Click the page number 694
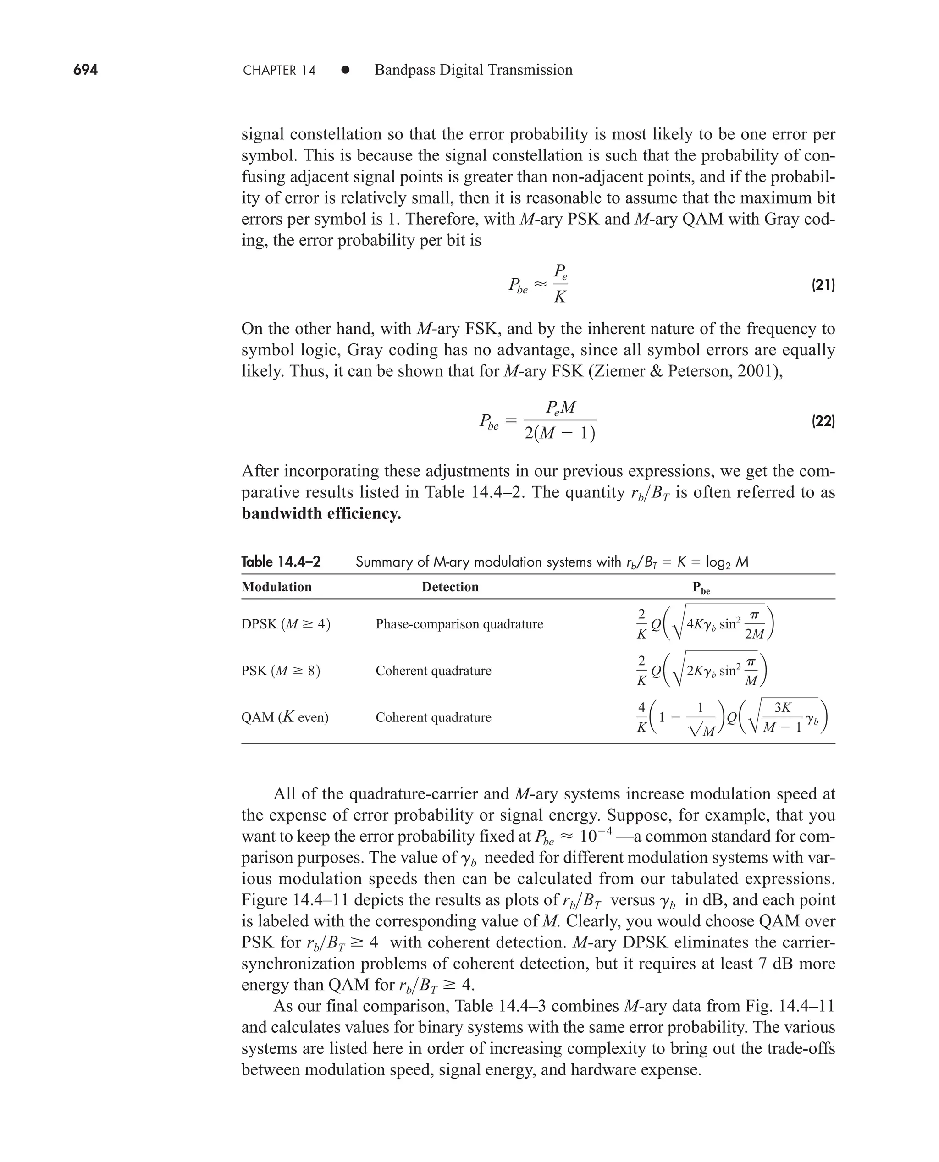tap(85, 70)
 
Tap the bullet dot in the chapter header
tap(345, 70)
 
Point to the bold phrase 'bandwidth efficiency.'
tap(321, 513)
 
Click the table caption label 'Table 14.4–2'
tap(281, 562)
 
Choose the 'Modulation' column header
tap(276, 587)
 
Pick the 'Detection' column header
tap(450, 587)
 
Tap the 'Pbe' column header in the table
tap(701, 588)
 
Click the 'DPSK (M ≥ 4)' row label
tap(286, 624)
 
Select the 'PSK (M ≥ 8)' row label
tap(281, 671)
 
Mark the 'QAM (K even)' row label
tap(285, 717)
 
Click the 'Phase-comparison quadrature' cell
tap(459, 624)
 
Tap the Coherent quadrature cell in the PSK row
tap(433, 671)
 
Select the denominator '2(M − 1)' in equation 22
tap(560, 434)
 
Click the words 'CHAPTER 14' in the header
tap(279, 70)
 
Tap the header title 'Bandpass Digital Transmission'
tap(473, 70)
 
